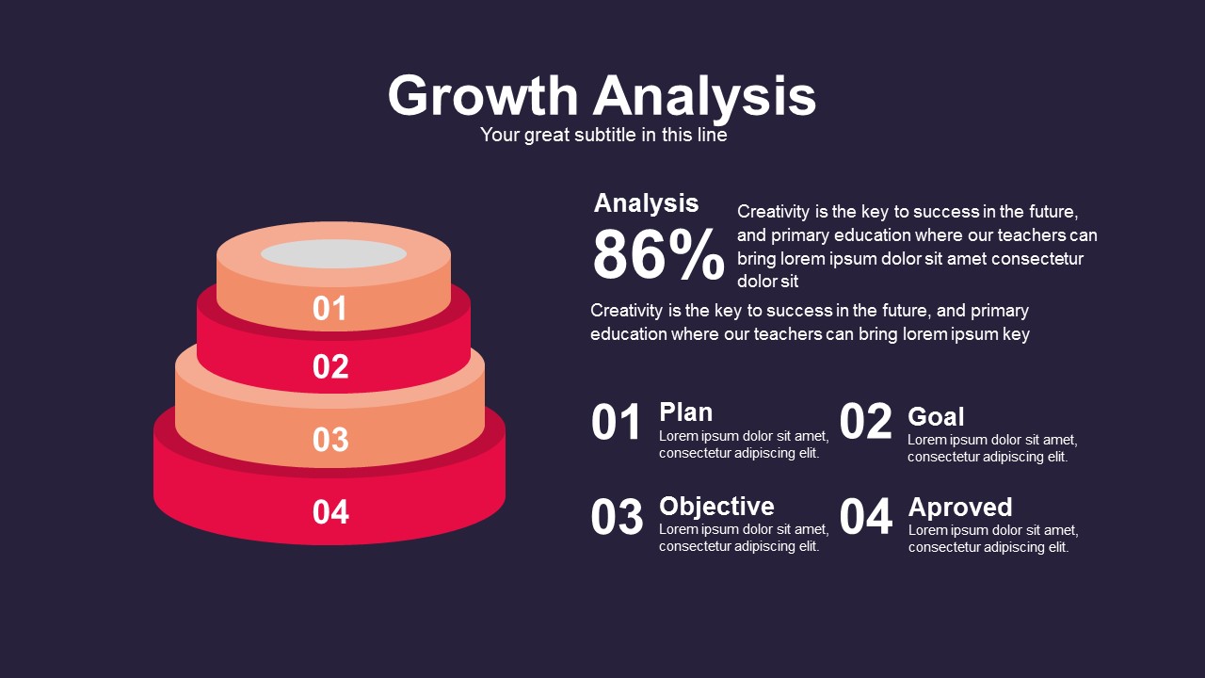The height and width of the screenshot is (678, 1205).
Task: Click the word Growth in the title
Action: coord(483,95)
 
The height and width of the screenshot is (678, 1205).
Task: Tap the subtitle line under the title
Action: coord(603,135)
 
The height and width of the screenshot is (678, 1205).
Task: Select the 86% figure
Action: coord(658,254)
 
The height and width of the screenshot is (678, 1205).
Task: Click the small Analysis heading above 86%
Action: coord(646,203)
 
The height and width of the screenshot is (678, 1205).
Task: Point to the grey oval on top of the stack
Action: coord(333,253)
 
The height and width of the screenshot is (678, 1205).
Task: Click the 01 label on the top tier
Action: coord(329,308)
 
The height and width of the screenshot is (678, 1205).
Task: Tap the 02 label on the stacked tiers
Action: coord(330,366)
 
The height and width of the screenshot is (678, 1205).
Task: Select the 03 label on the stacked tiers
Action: coord(330,440)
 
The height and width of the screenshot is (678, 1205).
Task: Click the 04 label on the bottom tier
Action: coord(330,511)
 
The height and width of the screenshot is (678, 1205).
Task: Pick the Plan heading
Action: coord(686,412)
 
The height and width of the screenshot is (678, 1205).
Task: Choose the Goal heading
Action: coord(936,416)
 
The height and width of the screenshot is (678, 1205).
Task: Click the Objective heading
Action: coord(716,507)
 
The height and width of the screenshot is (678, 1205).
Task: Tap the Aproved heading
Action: coord(960,508)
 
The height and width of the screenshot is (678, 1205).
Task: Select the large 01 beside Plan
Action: coord(616,423)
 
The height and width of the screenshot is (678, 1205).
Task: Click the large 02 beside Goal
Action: coord(865,421)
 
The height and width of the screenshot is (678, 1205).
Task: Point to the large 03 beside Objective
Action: coord(617,517)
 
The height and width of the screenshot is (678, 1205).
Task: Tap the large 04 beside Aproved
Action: coord(865,517)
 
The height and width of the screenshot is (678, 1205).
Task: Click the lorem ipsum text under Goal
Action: coord(992,448)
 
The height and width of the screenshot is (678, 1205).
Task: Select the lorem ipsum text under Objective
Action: coord(744,538)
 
